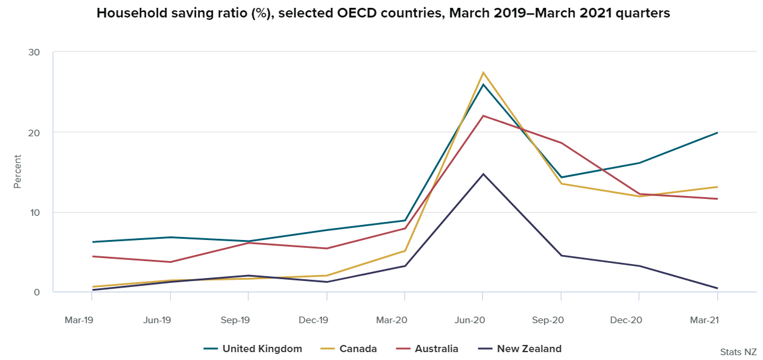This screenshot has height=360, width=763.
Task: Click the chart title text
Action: point(383,13)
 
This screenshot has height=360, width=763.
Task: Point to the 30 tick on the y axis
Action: point(34,52)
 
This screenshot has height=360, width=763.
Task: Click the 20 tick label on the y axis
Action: point(34,132)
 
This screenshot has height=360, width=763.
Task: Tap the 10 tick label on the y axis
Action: point(34,212)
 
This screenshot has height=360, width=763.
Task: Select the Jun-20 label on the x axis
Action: point(470,320)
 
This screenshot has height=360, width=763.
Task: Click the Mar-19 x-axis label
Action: point(79,320)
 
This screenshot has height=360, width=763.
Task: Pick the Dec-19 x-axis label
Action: point(314,320)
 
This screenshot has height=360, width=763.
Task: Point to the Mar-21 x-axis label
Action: point(704,320)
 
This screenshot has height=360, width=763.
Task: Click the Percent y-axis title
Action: point(17,172)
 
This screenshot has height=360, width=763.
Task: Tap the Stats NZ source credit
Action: point(738,352)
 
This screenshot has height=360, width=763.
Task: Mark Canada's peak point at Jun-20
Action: point(483,73)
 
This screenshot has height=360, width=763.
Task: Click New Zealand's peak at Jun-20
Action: point(483,174)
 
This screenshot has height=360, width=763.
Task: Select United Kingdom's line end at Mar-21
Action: point(717,133)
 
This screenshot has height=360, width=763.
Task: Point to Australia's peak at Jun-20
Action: point(483,116)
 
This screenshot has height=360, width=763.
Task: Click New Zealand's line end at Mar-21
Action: point(717,288)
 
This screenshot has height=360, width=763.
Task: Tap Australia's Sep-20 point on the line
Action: point(562,143)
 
